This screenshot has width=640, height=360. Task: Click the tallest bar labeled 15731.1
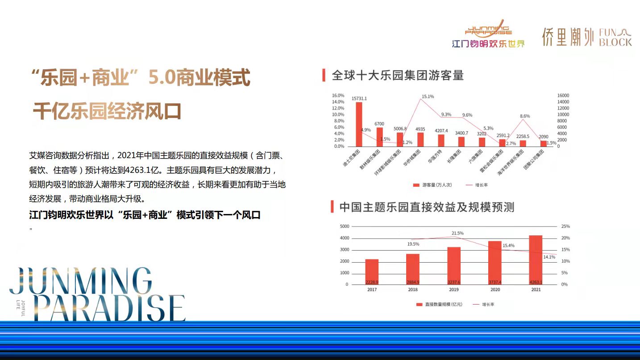tap(359, 124)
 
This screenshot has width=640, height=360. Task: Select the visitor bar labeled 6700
tap(380, 137)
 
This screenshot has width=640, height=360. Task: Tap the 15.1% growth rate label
tap(428, 96)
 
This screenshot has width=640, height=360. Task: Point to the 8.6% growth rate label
tap(525, 116)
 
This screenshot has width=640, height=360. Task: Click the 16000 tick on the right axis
tap(563, 96)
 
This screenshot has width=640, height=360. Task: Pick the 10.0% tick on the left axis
tap(338, 115)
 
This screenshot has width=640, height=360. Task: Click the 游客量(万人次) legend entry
tap(432, 185)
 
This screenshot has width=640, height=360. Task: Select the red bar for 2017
tap(372, 272)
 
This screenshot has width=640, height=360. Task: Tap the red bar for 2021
tap(536, 260)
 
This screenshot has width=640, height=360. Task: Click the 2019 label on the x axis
tap(454, 290)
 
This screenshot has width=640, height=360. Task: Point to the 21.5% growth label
tap(457, 233)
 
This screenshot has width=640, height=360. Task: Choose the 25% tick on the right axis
tap(565, 226)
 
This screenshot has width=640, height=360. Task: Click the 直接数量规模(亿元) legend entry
tap(439, 304)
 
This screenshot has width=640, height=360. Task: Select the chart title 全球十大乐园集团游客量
tap(397, 75)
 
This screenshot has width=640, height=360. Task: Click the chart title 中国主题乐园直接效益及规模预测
tap(427, 207)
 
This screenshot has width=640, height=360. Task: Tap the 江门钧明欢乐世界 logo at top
tap(488, 34)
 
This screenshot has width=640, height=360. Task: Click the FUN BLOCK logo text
tap(615, 38)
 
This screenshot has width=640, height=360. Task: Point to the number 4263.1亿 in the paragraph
tap(142, 170)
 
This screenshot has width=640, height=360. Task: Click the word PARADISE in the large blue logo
tap(110, 308)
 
